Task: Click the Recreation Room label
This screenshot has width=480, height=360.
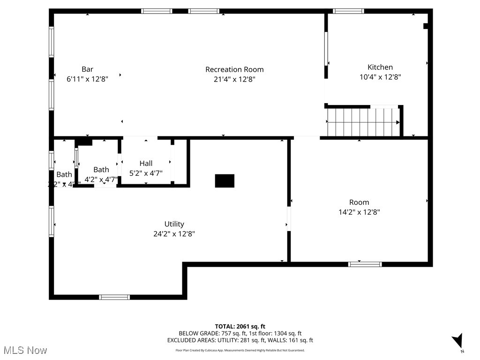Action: tap(234, 69)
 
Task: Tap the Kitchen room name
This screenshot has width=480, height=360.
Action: tap(380, 67)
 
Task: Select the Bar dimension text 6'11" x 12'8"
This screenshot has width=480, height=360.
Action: tap(87, 79)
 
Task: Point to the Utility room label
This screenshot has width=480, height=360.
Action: tap(174, 224)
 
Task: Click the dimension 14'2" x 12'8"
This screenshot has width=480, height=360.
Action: tap(359, 212)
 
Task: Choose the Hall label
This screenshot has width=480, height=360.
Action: tap(146, 164)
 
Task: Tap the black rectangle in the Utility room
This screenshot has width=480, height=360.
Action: tap(225, 181)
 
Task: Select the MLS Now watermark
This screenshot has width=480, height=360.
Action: tap(25, 350)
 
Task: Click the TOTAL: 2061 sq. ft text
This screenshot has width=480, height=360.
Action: tap(240, 326)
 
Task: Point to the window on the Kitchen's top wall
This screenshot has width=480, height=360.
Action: tap(348, 11)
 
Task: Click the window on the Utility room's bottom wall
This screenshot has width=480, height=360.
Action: tap(114, 297)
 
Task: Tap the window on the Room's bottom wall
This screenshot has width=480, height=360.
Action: tap(365, 264)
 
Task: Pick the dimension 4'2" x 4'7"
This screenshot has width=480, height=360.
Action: tap(101, 179)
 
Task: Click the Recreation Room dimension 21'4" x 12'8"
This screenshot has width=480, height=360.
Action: tap(234, 79)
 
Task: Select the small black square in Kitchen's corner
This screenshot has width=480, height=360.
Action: tap(426, 26)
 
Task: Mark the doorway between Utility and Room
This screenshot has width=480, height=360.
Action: tap(289, 219)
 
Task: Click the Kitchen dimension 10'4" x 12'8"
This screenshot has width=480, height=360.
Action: tap(380, 77)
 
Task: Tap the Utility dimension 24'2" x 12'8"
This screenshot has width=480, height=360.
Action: tap(174, 234)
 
